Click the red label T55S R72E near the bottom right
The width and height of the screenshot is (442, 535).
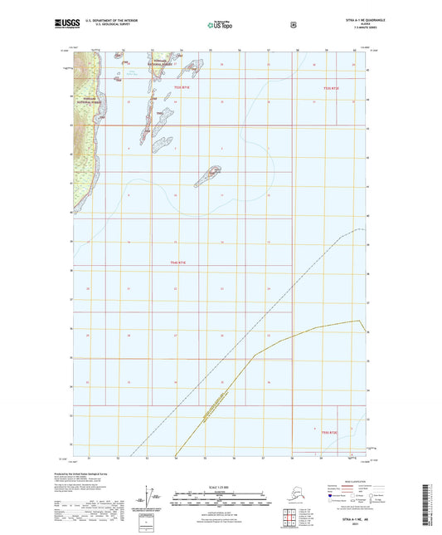[x=329, y=432]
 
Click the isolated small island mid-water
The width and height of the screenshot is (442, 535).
[x=209, y=176]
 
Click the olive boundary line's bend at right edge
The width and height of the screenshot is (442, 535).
[x=359, y=321]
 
